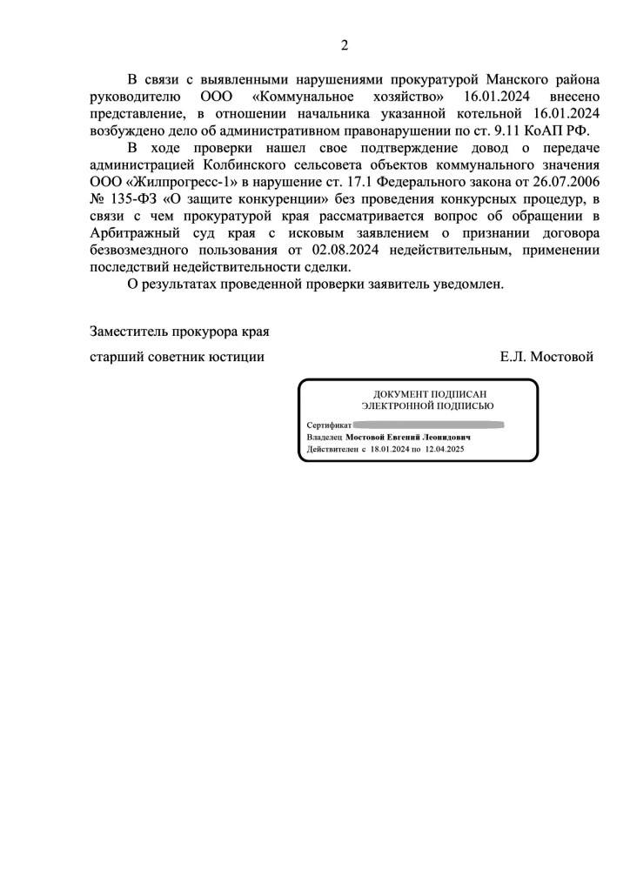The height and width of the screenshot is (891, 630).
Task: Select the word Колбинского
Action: tap(240, 164)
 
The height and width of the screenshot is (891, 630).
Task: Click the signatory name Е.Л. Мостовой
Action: tap(546, 356)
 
